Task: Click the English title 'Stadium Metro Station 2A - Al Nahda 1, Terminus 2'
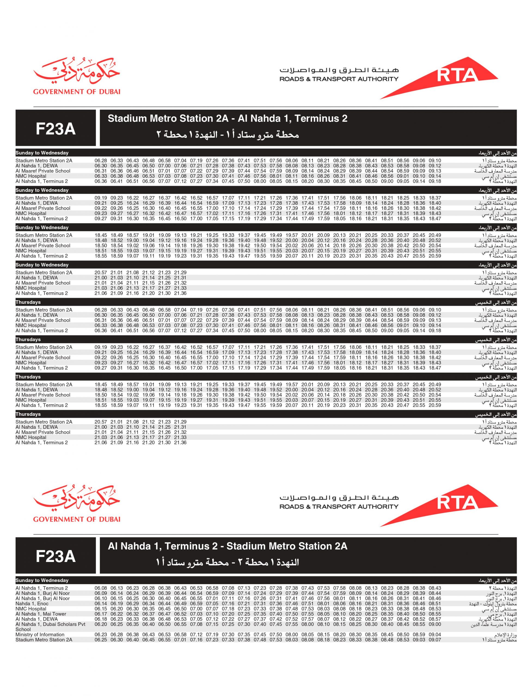pyautogui.click(x=227, y=119)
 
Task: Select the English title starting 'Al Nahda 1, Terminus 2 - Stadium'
pyautogui.click(x=227, y=546)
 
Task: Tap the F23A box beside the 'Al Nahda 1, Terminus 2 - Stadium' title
pyautogui.click(x=56, y=556)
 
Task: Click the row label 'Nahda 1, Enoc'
pyautogui.click(x=32, y=604)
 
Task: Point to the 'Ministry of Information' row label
pyautogui.click(x=40, y=635)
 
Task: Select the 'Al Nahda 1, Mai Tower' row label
pyautogui.click(x=41, y=614)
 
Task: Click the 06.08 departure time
pyautogui.click(x=101, y=588)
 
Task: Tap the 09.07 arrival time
pyautogui.click(x=435, y=640)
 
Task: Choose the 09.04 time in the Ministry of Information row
pyautogui.click(x=435, y=635)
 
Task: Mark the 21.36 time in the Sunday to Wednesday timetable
pyautogui.click(x=180, y=293)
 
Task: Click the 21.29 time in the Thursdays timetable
pyautogui.click(x=180, y=422)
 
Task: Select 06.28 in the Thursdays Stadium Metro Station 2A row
pyautogui.click(x=101, y=310)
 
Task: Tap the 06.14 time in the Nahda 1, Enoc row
pyautogui.click(x=101, y=604)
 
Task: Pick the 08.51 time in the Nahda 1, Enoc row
pyautogui.click(x=435, y=604)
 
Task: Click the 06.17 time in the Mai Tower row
pyautogui.click(x=101, y=614)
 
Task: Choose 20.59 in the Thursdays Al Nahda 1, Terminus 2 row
pyautogui.click(x=435, y=405)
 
